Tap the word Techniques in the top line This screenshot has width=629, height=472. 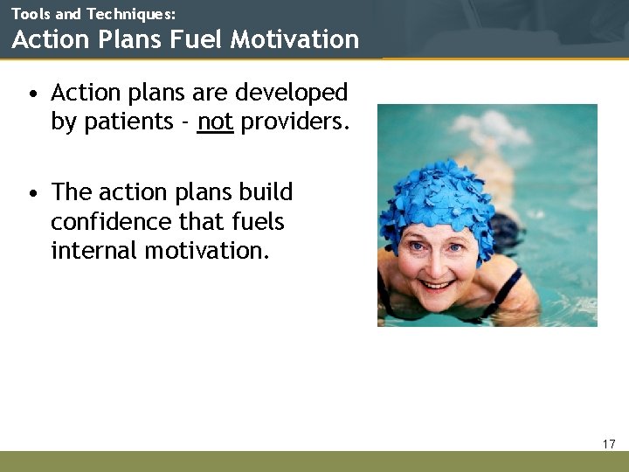point(131,14)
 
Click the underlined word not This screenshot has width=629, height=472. point(215,121)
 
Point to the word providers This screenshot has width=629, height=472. point(294,121)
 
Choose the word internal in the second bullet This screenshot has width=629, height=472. point(93,251)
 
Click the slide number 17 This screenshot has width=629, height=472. point(609,444)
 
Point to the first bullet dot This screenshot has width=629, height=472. point(31,93)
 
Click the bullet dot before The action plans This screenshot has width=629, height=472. point(31,193)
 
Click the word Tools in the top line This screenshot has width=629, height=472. point(31,14)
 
